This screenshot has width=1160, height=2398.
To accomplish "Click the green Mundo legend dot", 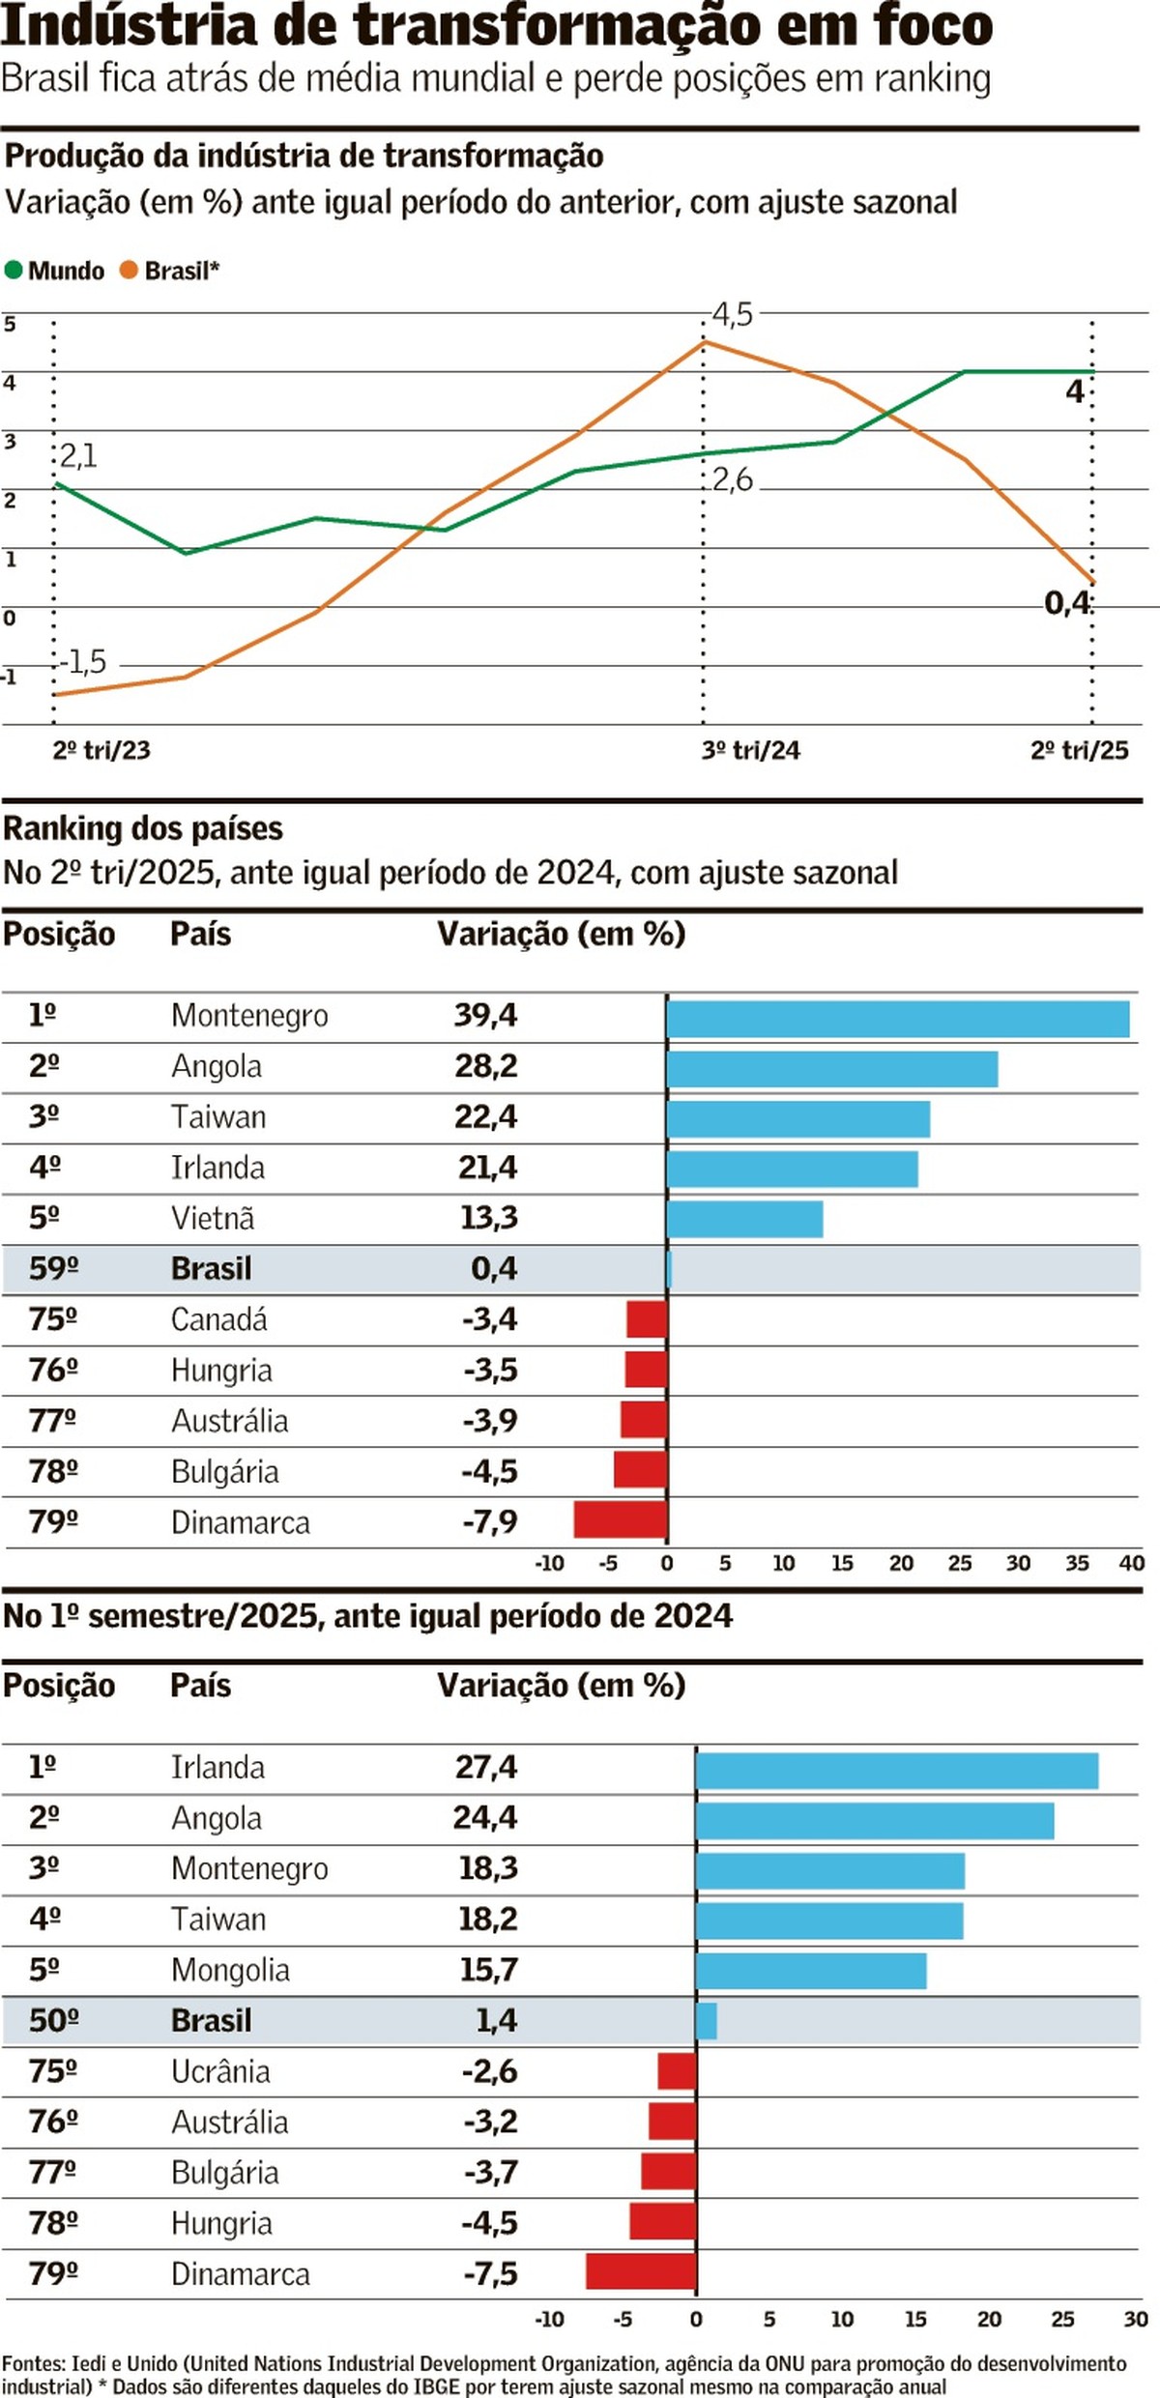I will point(14,270).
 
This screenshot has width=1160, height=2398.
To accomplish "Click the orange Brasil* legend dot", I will point(129,270).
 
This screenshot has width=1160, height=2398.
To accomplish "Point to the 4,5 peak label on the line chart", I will point(732,315).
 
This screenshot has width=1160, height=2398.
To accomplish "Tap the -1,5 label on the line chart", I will point(83,662).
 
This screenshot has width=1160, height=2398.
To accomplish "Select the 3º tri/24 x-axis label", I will point(750,750).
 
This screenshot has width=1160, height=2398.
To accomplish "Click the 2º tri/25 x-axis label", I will point(1079,750).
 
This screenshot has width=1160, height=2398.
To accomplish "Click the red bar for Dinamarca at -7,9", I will point(620,1519).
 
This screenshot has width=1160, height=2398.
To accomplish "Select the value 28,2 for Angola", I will point(486,1066).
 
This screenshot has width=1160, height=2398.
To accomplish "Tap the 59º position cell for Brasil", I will point(53,1268).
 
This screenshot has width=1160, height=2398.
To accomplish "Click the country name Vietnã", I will point(213,1218).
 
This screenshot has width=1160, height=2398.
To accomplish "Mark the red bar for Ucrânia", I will point(677,2071).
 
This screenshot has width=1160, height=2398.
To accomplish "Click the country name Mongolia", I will point(230,1970).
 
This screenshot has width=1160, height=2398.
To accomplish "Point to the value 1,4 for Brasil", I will point(496,2020).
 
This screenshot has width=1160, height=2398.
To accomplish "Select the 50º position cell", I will point(53,2020).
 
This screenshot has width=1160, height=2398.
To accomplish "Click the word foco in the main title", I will point(934,25).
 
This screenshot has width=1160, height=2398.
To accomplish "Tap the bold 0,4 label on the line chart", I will point(1067,603).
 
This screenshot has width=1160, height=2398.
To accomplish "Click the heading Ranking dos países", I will point(143,828).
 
